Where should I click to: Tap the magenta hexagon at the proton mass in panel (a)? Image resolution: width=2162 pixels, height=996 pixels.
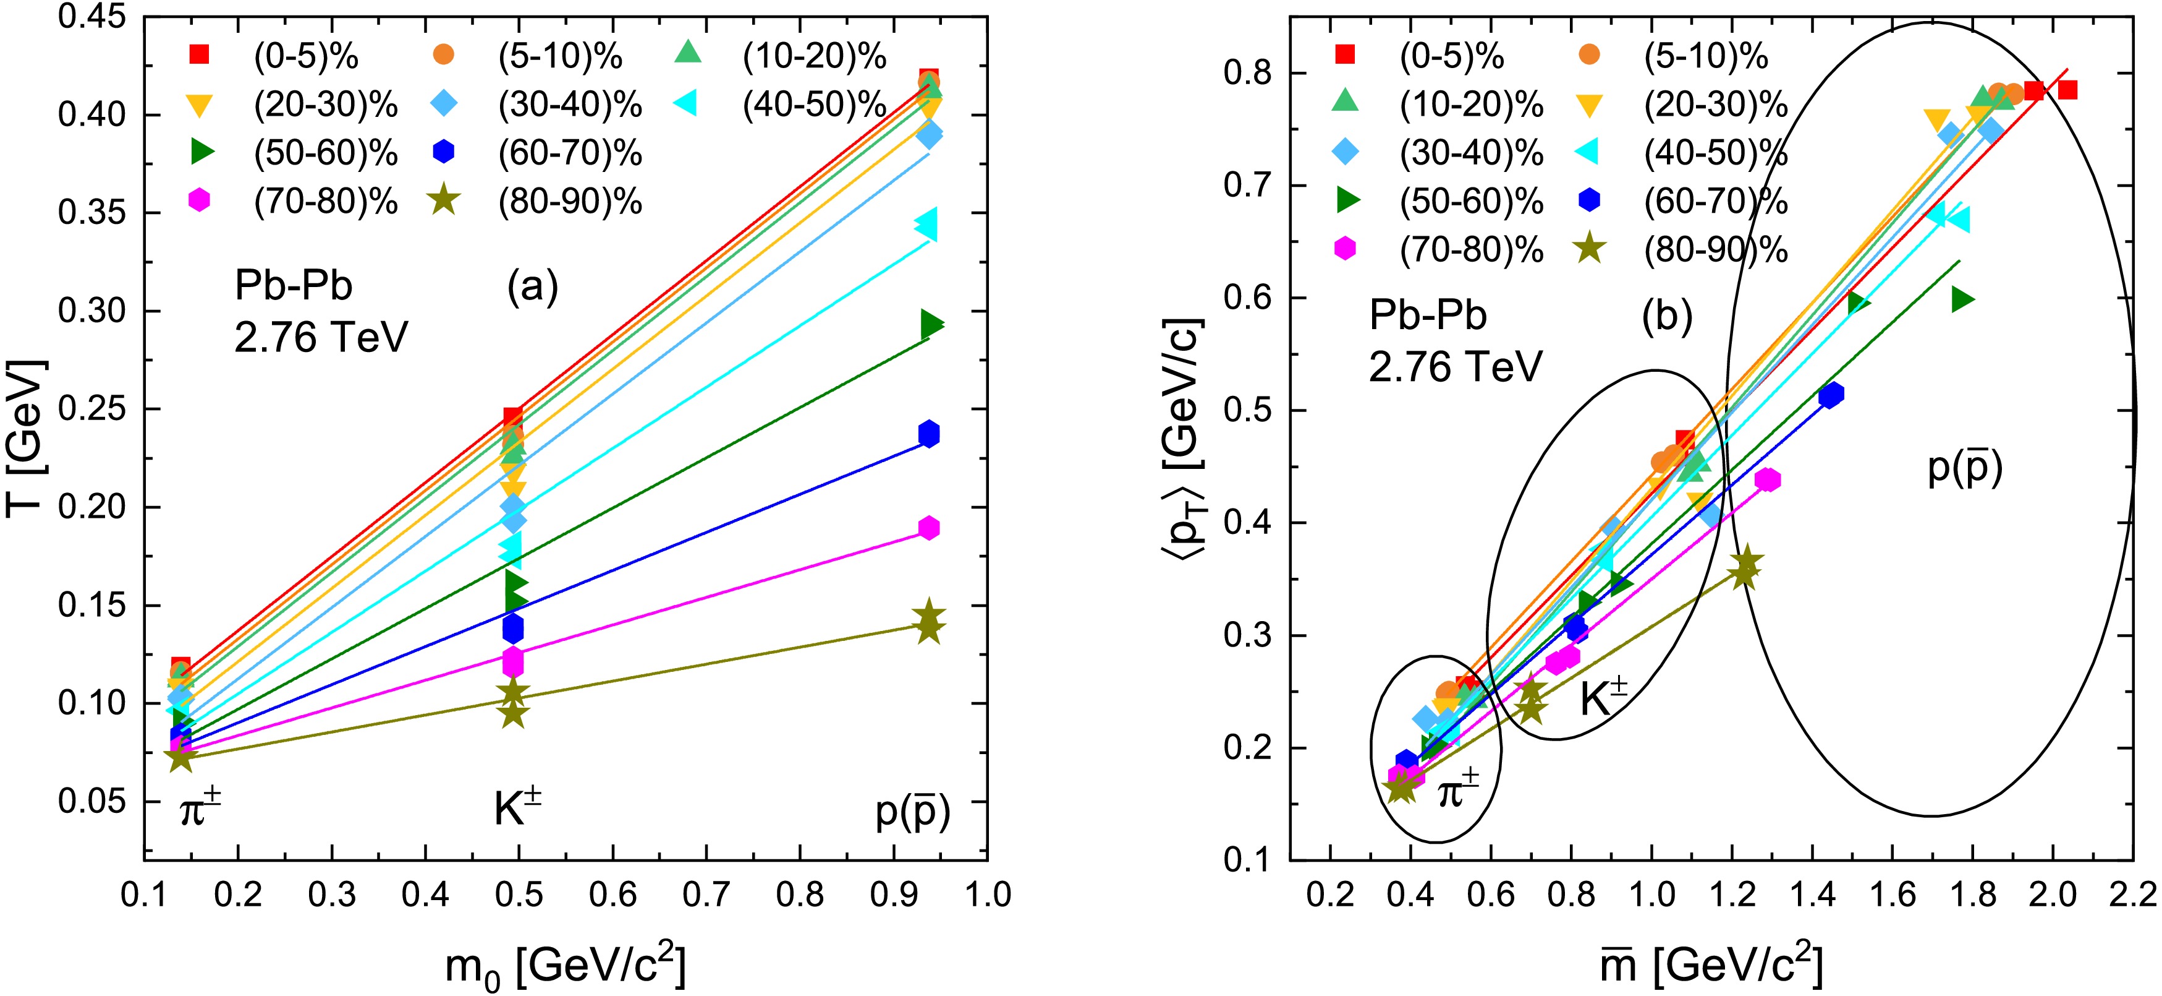click(928, 528)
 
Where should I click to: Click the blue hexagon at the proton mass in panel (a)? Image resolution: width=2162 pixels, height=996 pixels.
click(928, 434)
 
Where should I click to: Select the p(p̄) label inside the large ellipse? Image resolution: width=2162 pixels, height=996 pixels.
click(1965, 468)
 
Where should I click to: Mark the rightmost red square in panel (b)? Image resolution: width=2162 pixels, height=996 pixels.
click(2067, 90)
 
